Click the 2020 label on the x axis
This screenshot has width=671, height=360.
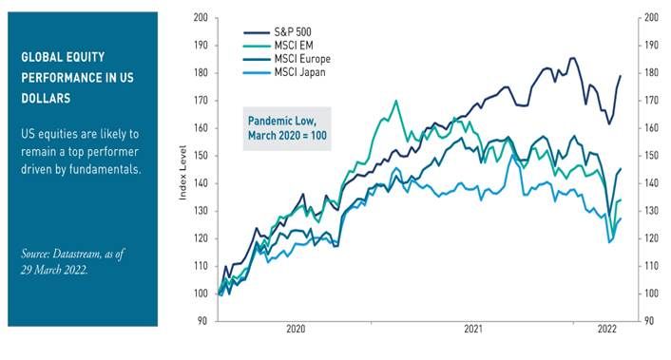pyautogui.click(x=296, y=330)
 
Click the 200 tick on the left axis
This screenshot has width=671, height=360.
pyautogui.click(x=199, y=18)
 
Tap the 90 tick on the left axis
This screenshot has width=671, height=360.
pyautogui.click(x=201, y=321)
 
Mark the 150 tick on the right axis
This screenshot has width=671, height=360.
pyautogui.click(x=651, y=156)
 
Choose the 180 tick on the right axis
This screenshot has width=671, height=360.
pyautogui.click(x=651, y=73)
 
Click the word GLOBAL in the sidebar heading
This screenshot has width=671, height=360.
pyautogui.click(x=43, y=57)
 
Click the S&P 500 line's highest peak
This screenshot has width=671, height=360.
pyautogui.click(x=572, y=58)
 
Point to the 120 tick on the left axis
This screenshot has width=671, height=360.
pyautogui.click(x=199, y=238)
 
